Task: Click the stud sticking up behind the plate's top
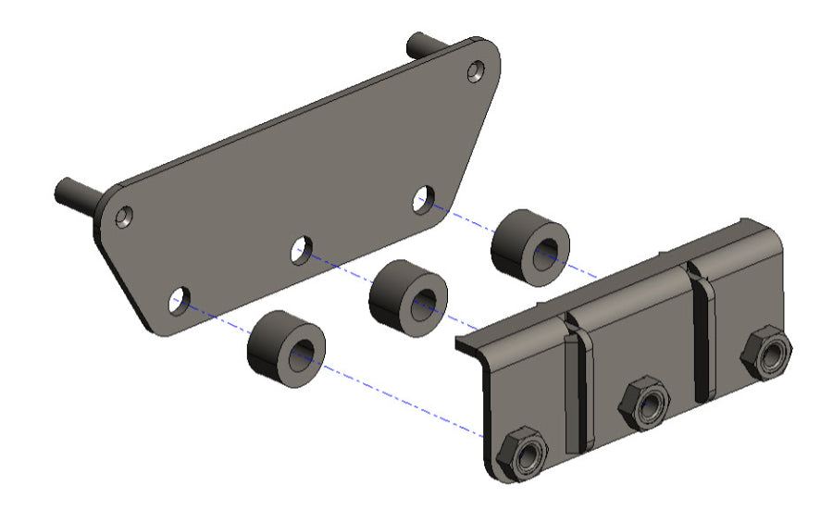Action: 424,44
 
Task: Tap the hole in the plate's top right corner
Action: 476,70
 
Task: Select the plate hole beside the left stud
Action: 123,218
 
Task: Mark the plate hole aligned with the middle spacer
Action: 301,248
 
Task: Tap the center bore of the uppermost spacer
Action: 546,252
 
